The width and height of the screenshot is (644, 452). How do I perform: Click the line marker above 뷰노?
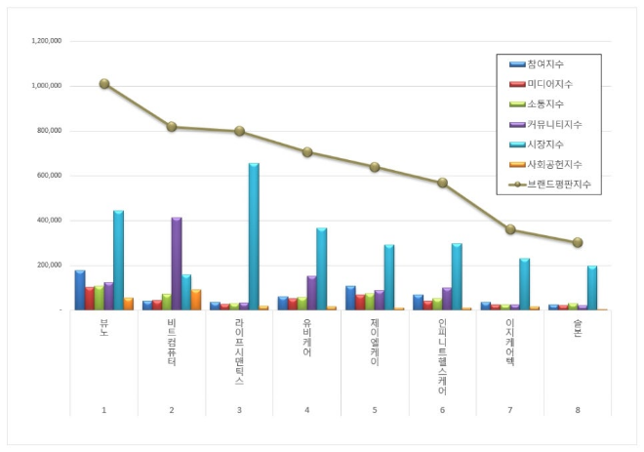104,84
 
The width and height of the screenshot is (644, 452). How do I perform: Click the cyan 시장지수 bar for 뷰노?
118,260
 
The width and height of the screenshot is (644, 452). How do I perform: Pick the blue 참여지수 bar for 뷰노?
80,290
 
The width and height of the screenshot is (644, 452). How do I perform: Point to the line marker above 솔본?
578,242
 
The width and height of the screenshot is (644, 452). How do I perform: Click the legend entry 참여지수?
543,63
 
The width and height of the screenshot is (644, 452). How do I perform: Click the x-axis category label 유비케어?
307,337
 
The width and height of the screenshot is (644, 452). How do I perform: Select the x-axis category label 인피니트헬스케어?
442,356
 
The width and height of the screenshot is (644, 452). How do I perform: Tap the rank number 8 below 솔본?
578,410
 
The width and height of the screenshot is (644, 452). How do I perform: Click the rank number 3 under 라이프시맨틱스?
239,410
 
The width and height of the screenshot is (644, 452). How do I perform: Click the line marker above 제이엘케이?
375,167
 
